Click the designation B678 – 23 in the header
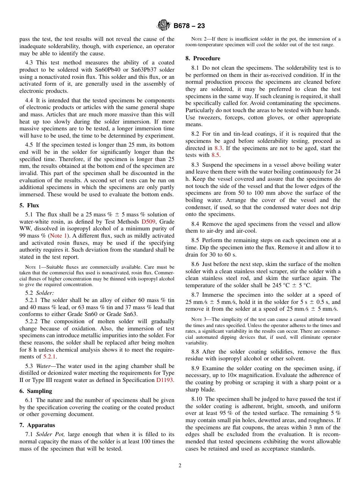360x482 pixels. pos(189,26)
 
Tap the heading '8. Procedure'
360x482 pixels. pos(203,58)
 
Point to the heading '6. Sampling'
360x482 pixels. pos(36,391)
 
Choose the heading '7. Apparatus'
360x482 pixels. pos(37,425)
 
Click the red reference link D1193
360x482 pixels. pos(165,380)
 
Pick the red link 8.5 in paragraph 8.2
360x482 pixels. pos(216,155)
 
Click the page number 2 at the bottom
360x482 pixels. pos(180,466)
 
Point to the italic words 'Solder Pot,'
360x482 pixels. pos(51,434)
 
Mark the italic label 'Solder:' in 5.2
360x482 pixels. pos(45,293)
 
